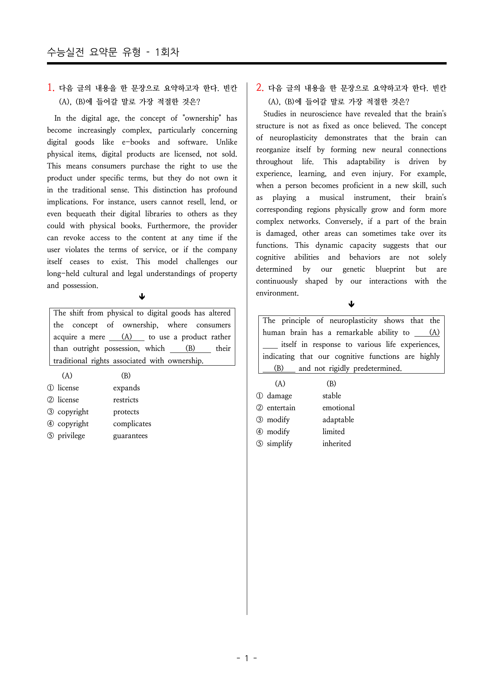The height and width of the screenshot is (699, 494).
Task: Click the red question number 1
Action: [51, 88]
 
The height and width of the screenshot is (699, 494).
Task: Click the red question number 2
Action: [260, 88]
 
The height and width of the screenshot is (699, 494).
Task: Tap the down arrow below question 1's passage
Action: [142, 297]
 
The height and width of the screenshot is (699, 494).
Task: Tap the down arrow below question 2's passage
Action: [351, 304]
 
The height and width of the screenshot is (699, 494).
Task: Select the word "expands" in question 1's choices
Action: [126, 388]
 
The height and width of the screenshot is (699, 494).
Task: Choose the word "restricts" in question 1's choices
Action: [126, 400]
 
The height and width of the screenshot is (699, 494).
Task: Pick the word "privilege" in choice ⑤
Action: [71, 436]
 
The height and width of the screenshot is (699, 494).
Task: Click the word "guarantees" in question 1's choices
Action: [130, 436]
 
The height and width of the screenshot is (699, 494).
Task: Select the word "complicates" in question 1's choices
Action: [132, 424]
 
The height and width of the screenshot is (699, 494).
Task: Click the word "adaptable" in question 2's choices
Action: [338, 420]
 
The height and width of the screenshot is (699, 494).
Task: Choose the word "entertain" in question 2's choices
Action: [281, 408]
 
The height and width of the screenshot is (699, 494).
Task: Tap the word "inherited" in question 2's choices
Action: [337, 444]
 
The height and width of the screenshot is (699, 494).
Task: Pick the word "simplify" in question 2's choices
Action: [279, 444]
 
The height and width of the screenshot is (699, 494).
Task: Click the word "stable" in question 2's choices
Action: [332, 396]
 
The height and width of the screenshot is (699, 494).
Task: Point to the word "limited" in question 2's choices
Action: [334, 432]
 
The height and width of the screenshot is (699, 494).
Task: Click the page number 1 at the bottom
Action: [246, 658]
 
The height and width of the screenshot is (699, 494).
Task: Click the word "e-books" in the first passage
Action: [136, 142]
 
